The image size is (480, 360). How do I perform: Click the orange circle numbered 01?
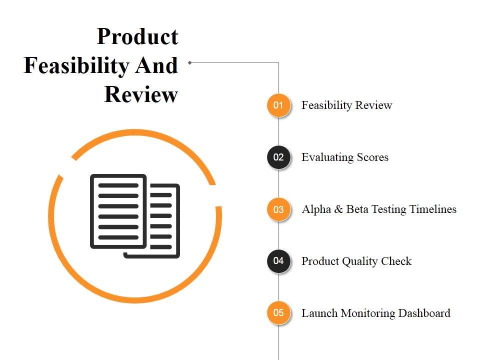(x=278, y=105)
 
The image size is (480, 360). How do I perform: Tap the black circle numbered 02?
(x=278, y=157)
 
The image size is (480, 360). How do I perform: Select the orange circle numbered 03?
(x=278, y=209)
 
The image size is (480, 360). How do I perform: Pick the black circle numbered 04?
(x=278, y=261)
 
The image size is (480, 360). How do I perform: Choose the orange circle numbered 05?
(x=278, y=313)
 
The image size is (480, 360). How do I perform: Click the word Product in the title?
(x=137, y=36)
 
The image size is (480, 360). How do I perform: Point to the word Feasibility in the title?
(x=79, y=65)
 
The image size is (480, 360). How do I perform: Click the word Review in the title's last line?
(x=141, y=94)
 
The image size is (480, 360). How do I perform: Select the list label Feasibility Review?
(x=346, y=105)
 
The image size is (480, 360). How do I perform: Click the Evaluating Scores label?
(x=345, y=157)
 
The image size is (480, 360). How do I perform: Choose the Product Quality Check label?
(x=356, y=261)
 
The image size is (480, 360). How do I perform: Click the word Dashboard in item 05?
(x=424, y=313)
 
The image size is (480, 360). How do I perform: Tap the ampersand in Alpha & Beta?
(x=338, y=209)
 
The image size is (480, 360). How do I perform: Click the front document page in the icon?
(x=118, y=211)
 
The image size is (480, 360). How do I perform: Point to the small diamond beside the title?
(x=190, y=62)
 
